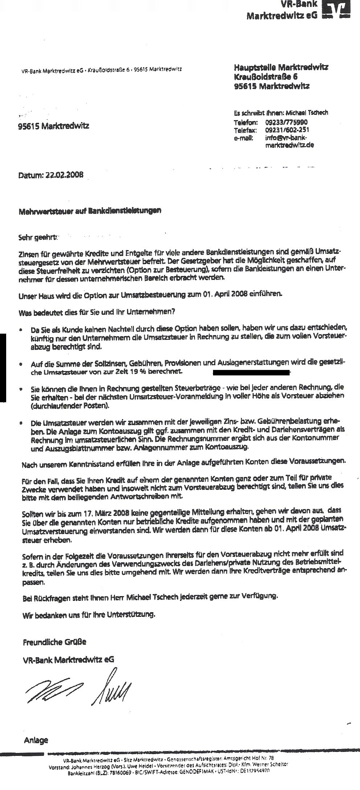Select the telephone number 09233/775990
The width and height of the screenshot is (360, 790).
pos(287,123)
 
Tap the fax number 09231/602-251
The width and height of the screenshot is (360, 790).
pos(287,130)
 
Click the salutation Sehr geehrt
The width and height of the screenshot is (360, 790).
pos(38,238)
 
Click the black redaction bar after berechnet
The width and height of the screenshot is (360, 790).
pos(250,372)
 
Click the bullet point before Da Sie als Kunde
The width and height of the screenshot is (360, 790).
pos(22,330)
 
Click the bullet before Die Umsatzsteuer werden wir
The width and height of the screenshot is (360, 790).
pos(22,424)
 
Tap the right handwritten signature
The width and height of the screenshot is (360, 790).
pos(112,684)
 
